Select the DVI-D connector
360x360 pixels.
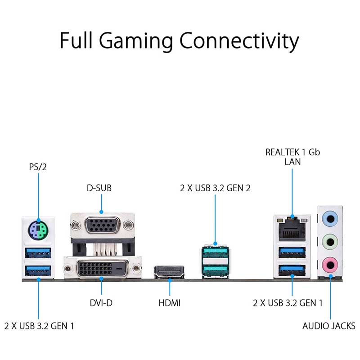pos(102,269)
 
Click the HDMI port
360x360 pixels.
pos(169,272)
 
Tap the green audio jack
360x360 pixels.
pos(331,242)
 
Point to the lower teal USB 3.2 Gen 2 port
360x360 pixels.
pos(215,269)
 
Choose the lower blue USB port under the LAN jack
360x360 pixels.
pos(292,270)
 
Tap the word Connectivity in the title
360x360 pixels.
pos(239,41)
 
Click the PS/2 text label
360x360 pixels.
pos(38,167)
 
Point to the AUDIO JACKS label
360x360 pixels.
pos(328,325)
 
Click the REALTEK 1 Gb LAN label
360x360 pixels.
pos(292,157)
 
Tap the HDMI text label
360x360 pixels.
pos(169,303)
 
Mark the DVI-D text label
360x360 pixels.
pos(100,303)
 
